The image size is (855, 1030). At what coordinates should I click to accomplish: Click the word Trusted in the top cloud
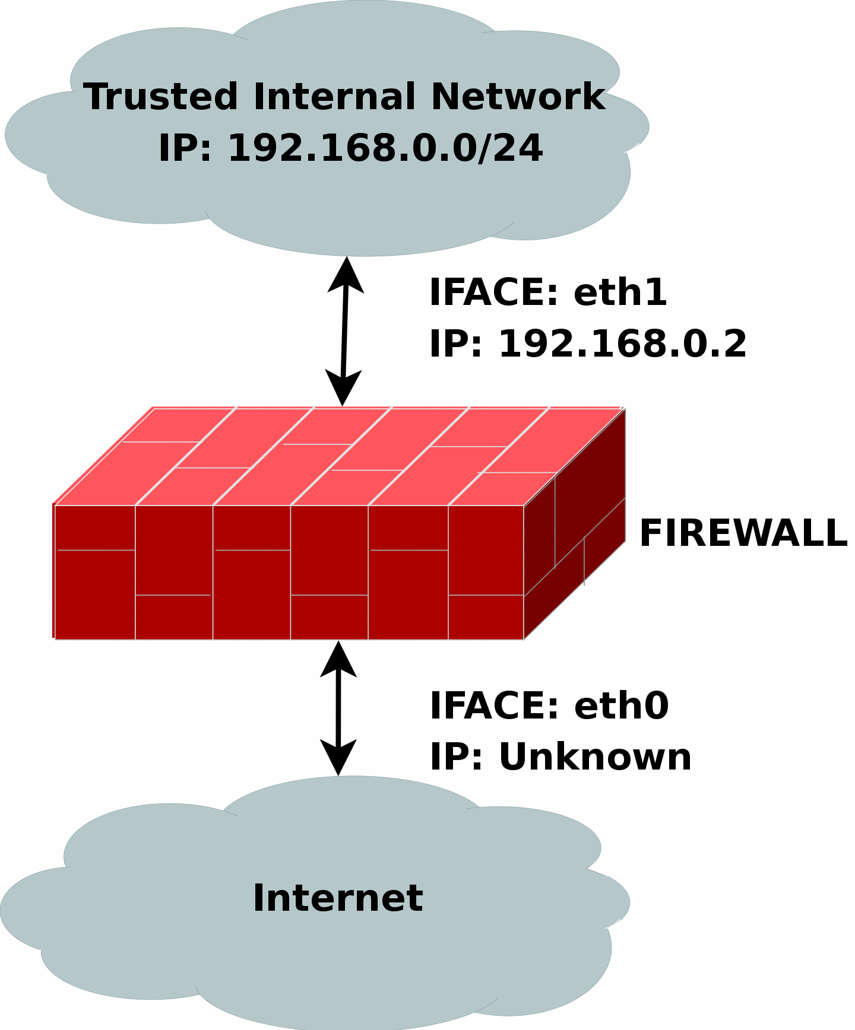(160, 97)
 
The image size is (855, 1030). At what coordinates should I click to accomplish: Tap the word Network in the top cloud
(518, 97)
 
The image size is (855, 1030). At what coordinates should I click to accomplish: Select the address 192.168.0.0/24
(385, 148)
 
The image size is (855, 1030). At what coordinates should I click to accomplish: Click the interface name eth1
(620, 293)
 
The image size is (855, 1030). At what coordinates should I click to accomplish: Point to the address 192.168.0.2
(622, 344)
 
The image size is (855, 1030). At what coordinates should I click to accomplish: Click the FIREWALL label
(743, 533)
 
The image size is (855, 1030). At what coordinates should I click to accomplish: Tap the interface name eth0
(621, 706)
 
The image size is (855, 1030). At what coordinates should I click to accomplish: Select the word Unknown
(595, 757)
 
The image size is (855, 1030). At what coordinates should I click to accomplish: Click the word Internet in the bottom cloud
(338, 898)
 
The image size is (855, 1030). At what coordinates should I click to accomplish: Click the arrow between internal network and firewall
(344, 332)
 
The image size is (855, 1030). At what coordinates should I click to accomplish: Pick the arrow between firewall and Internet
(338, 708)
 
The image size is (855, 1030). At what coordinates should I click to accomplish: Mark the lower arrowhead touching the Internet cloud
(338, 758)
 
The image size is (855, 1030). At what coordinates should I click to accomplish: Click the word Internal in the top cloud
(334, 97)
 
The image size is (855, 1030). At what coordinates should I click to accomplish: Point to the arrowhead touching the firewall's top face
(343, 389)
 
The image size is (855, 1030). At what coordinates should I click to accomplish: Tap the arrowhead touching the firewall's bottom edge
(338, 659)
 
